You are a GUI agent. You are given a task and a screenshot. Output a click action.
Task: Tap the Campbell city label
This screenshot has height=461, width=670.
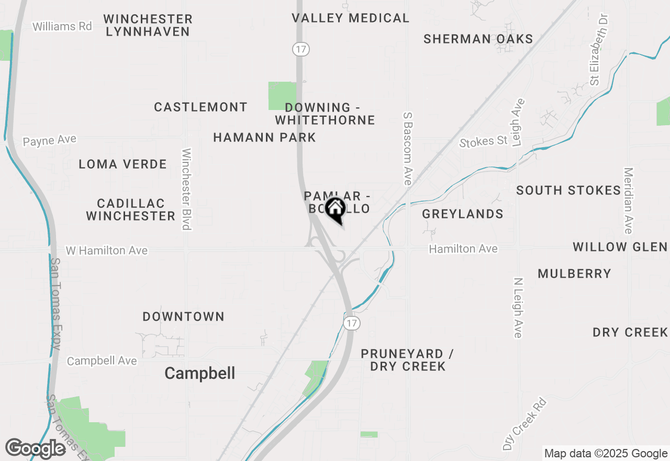[x=199, y=373]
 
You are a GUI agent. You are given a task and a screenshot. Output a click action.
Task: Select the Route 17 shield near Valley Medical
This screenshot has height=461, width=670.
[x=301, y=49]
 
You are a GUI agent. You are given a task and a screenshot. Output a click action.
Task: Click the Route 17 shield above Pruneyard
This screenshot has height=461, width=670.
[x=352, y=323]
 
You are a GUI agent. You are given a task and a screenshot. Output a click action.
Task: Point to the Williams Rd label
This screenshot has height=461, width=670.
[x=62, y=26]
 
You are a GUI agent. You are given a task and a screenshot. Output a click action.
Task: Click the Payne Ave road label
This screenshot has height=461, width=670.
[x=50, y=140]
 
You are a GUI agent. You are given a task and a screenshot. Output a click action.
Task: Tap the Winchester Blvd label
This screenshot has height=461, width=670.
[x=186, y=189]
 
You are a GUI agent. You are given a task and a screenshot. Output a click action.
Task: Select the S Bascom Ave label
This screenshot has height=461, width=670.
[x=408, y=148]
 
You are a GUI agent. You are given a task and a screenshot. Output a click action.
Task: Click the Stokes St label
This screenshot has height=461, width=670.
[x=484, y=141]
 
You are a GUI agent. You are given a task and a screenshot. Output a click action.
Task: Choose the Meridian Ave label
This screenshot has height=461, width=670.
[x=629, y=201]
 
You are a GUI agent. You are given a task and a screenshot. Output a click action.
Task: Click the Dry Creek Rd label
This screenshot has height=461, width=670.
[x=524, y=424]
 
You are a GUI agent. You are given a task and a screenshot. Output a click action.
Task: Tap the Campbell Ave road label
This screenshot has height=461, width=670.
[x=102, y=361]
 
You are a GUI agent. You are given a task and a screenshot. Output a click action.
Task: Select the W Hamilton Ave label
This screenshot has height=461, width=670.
[x=106, y=251]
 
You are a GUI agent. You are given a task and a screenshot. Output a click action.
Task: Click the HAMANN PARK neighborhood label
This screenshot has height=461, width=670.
[x=264, y=138]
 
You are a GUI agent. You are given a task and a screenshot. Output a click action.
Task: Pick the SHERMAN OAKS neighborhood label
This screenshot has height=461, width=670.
[x=478, y=39]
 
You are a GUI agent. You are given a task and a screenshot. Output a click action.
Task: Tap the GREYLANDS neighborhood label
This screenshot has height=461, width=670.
[x=463, y=214]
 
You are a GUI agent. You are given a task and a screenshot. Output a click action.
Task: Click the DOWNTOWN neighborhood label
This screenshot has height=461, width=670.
[x=183, y=316]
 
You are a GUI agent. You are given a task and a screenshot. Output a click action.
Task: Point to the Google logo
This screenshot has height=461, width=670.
[x=35, y=448]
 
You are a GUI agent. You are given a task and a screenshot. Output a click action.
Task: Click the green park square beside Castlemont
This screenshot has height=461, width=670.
[x=282, y=96]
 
